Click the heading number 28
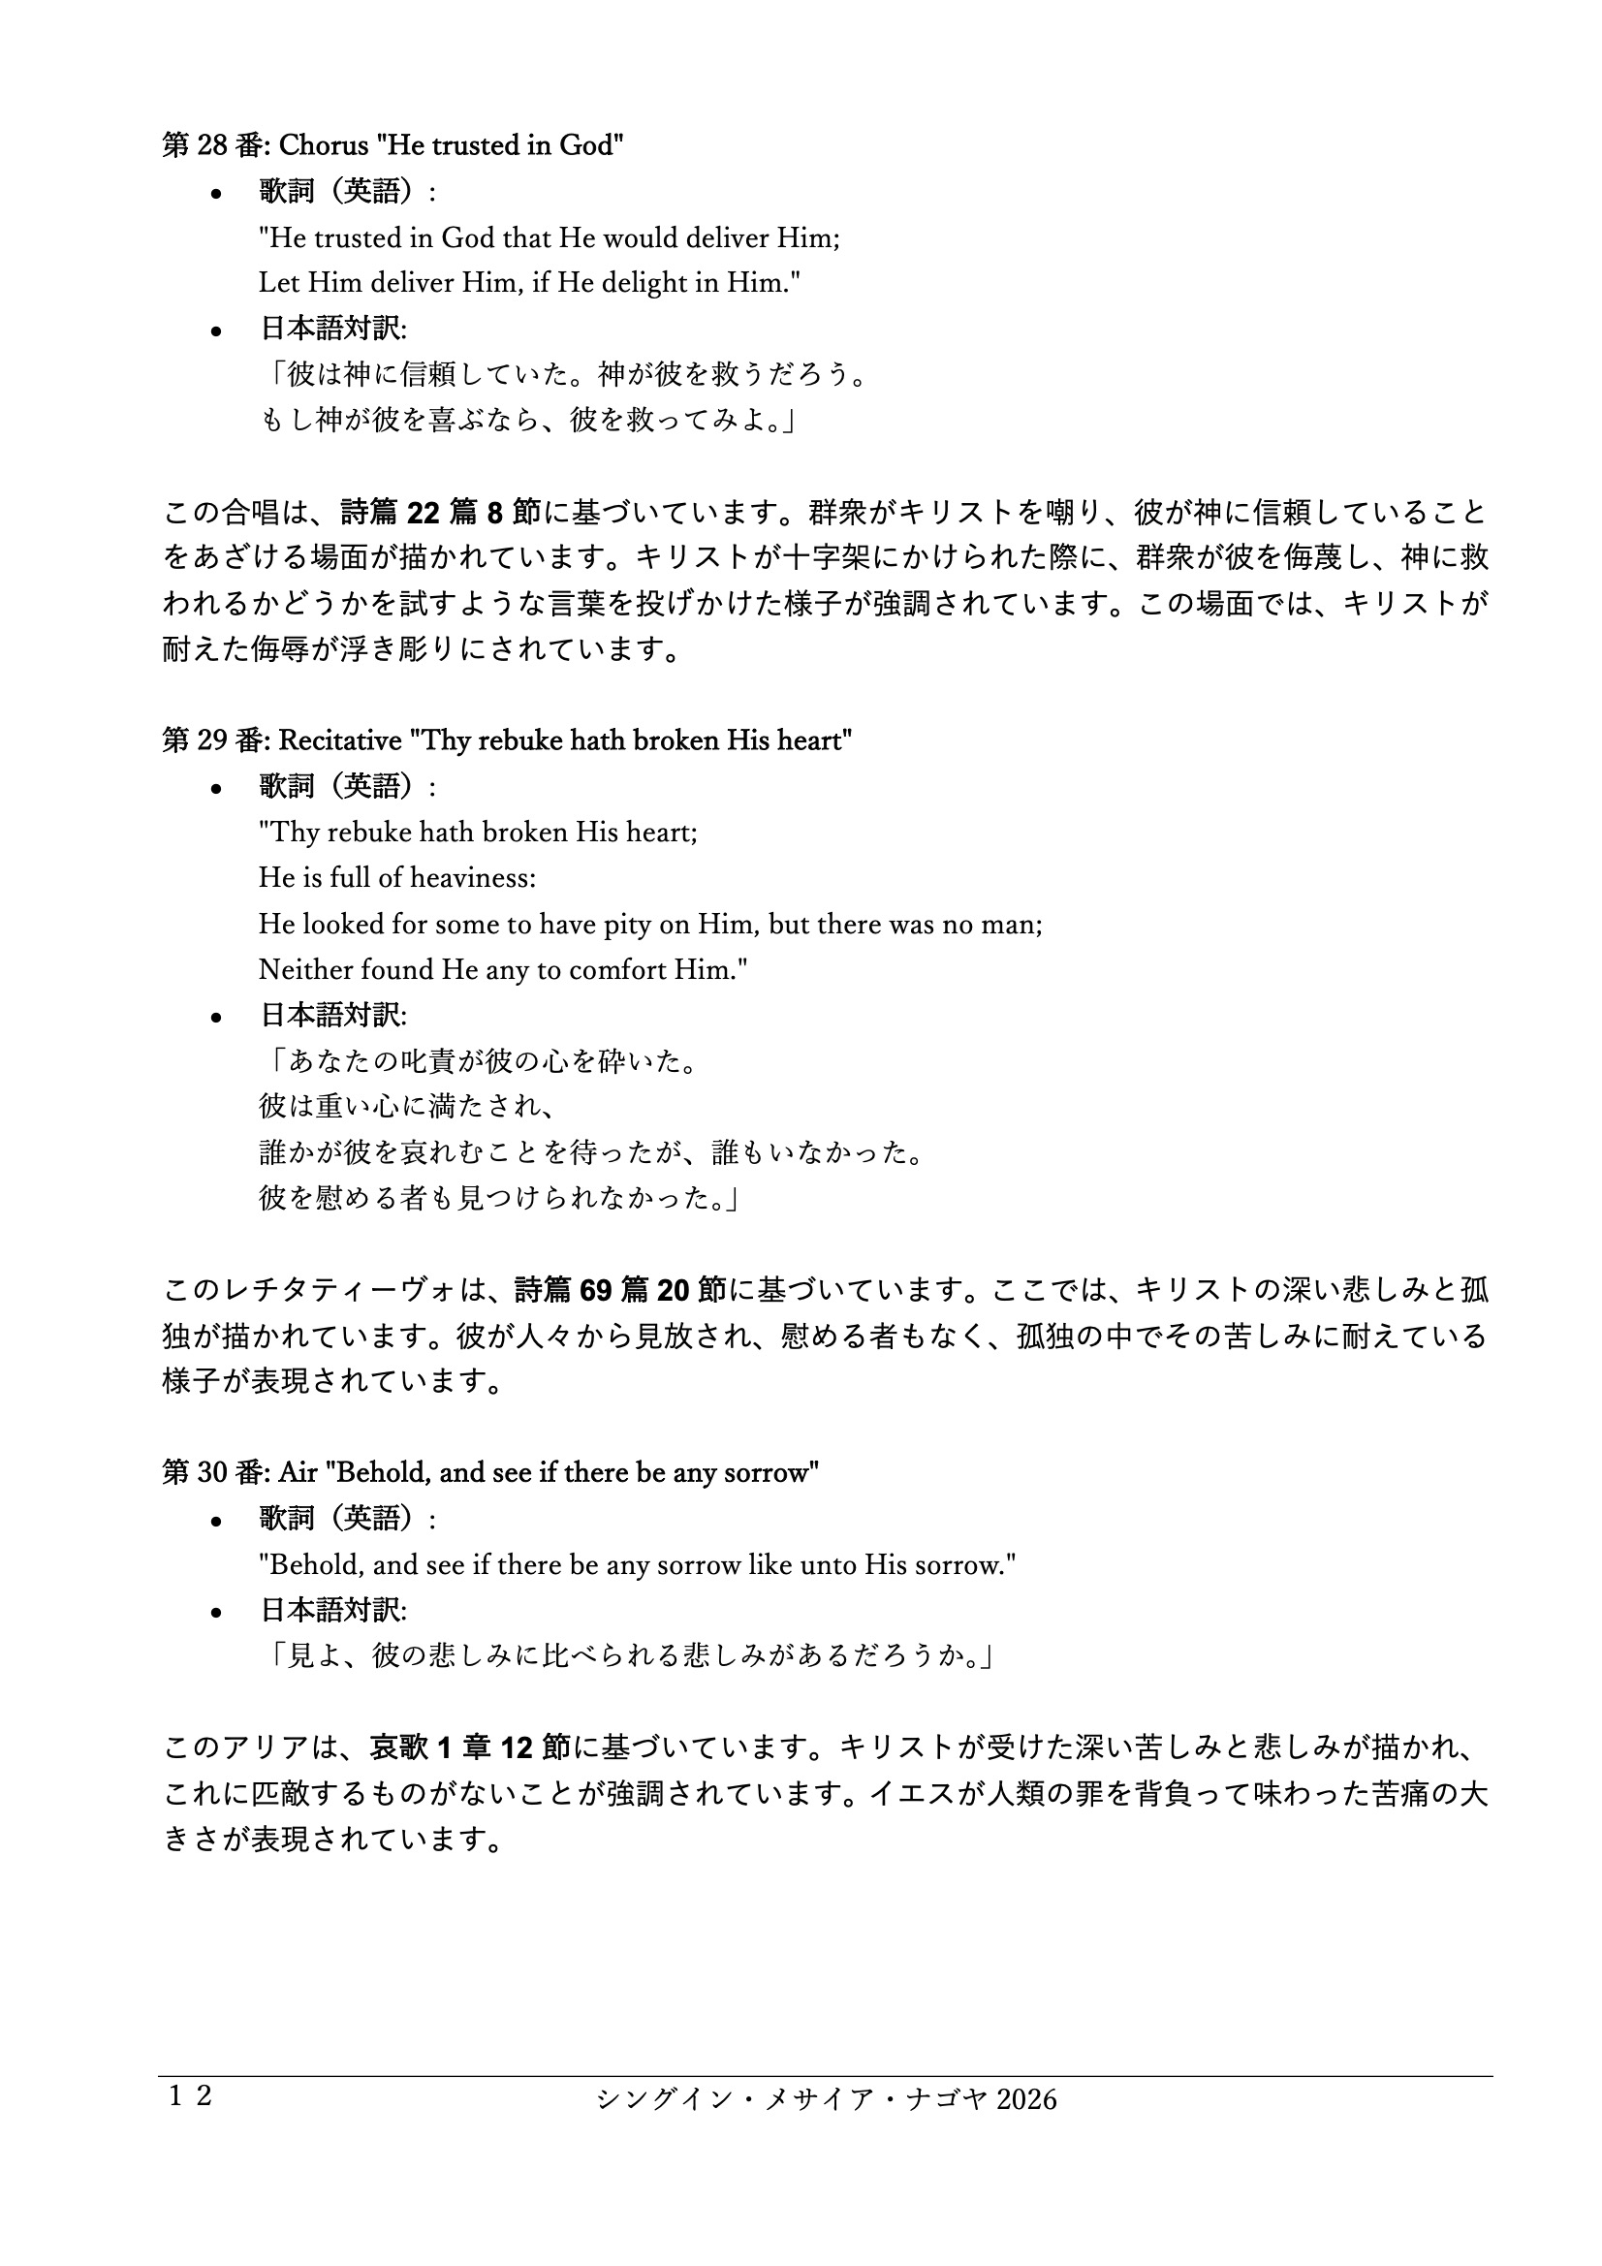(x=212, y=146)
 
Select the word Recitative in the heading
(x=339, y=740)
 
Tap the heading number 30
(x=212, y=1472)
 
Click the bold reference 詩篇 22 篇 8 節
(x=441, y=512)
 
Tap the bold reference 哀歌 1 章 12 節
(x=470, y=1747)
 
